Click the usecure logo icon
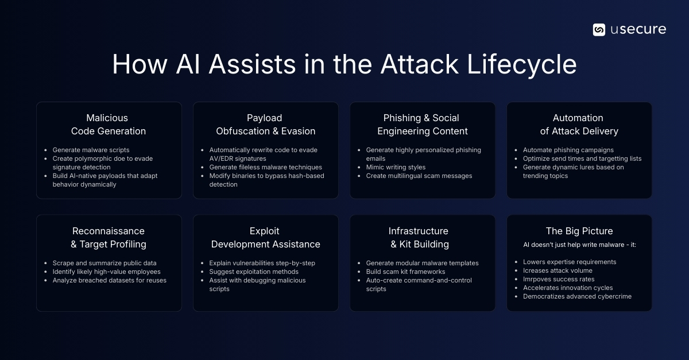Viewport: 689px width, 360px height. pos(599,30)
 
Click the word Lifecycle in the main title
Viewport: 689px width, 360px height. pos(521,65)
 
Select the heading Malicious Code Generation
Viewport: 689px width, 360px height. pos(109,125)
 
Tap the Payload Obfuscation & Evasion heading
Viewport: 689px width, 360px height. pos(265,125)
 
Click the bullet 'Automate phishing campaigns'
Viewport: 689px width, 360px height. pos(568,150)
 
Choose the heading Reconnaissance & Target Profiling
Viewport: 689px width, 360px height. pos(109,238)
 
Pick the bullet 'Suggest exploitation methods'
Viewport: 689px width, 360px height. pos(254,272)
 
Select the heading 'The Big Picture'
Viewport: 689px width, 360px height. pos(579,231)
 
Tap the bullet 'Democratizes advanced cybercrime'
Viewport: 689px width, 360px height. pos(577,296)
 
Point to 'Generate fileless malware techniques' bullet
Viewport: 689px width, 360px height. pos(265,167)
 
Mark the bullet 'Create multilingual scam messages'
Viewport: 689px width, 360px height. pos(419,176)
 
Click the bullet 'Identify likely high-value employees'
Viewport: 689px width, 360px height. pos(106,272)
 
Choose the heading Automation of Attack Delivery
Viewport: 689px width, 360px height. pos(579,125)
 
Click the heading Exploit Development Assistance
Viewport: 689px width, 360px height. pos(265,238)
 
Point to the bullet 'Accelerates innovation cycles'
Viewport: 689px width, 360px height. pos(568,288)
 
